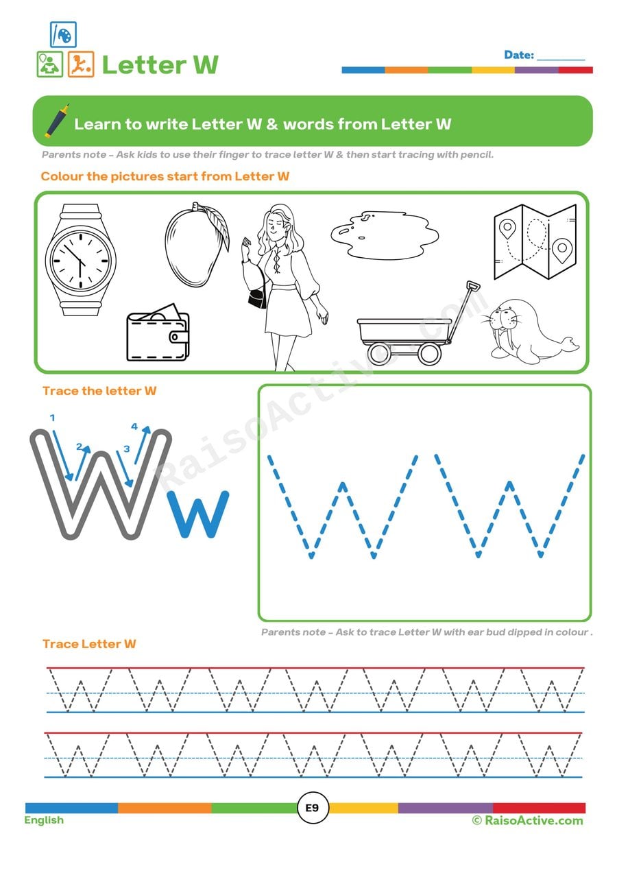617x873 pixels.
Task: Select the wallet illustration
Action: coord(158,336)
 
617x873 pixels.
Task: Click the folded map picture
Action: coord(535,241)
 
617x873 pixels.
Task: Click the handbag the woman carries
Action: coord(257,299)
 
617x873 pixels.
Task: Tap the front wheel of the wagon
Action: coord(429,353)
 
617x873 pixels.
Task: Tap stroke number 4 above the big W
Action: coord(134,427)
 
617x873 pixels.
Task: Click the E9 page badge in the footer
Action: coord(312,808)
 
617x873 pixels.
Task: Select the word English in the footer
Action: coord(44,820)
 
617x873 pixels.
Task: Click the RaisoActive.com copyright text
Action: coord(527,820)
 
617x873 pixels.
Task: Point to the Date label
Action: coord(519,55)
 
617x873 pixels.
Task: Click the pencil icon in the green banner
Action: coord(57,121)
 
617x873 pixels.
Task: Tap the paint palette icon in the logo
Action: coord(63,34)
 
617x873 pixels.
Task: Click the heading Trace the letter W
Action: coord(99,391)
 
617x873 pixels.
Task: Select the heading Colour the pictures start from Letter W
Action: coord(165,176)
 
